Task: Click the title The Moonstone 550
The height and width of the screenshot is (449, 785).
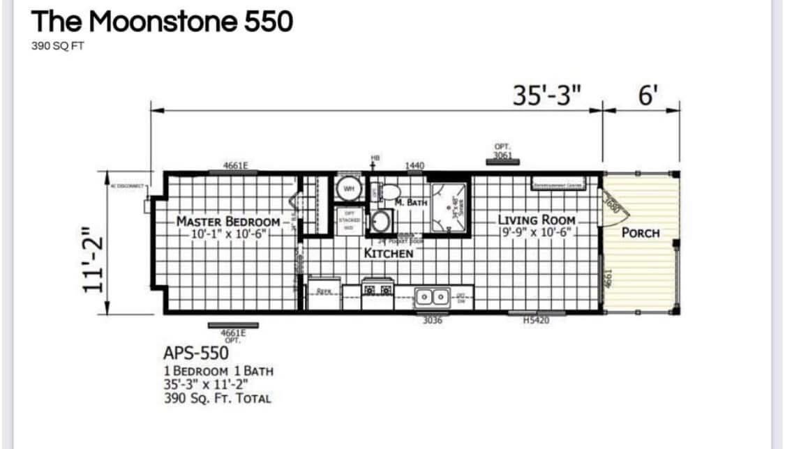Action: pyautogui.click(x=162, y=22)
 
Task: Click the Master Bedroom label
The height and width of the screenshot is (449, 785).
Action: pyautogui.click(x=228, y=222)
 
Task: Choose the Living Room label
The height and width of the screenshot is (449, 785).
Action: pyautogui.click(x=537, y=219)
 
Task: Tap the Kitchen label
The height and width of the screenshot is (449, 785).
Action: pyautogui.click(x=389, y=253)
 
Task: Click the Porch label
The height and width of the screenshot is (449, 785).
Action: pyautogui.click(x=640, y=232)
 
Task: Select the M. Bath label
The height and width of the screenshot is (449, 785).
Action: pyautogui.click(x=410, y=201)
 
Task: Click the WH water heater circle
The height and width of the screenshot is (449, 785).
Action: pyautogui.click(x=347, y=188)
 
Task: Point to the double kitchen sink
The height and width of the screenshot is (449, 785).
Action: pyautogui.click(x=432, y=296)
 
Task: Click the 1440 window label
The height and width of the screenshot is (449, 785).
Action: pyautogui.click(x=414, y=166)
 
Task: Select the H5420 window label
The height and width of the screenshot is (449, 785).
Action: pyautogui.click(x=536, y=320)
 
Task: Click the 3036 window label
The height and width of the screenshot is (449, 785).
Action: pyautogui.click(x=433, y=321)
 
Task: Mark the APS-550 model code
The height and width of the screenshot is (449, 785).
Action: pyautogui.click(x=195, y=353)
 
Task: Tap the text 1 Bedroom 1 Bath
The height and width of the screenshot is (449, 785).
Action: pyautogui.click(x=218, y=370)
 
